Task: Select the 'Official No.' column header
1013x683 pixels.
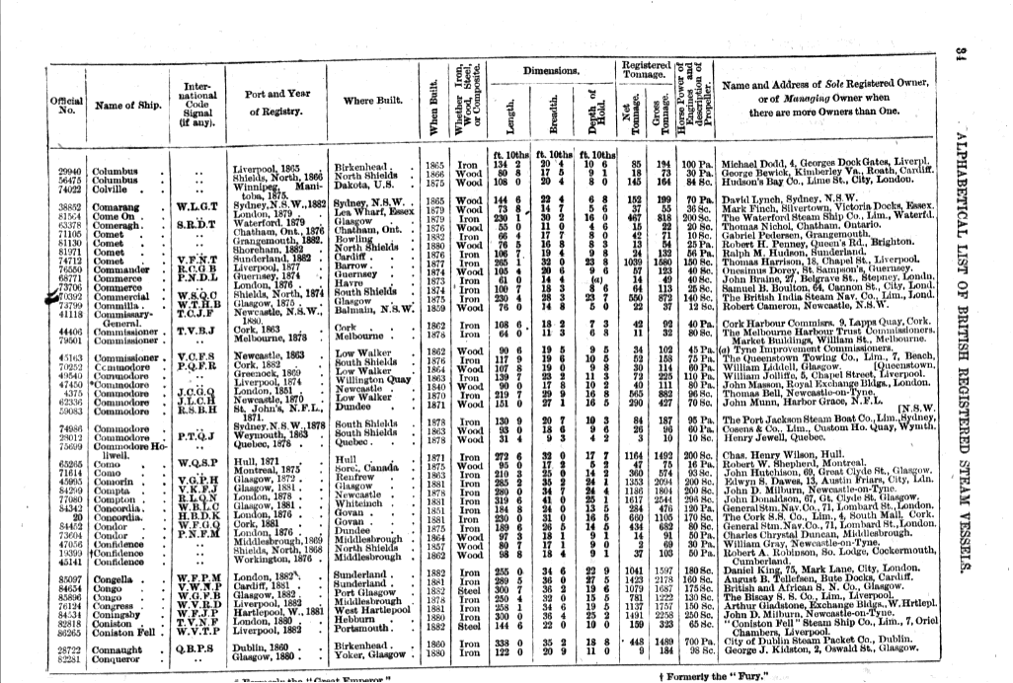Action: click(x=65, y=105)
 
